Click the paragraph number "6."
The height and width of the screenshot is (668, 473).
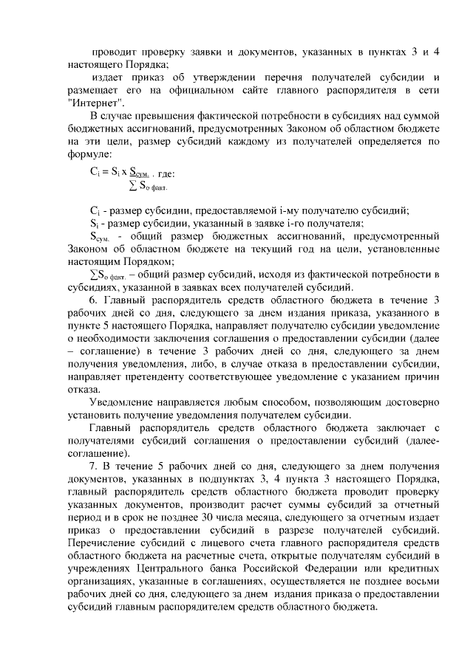pyautogui.click(x=94, y=300)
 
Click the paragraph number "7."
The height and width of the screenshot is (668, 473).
pyautogui.click(x=93, y=466)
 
